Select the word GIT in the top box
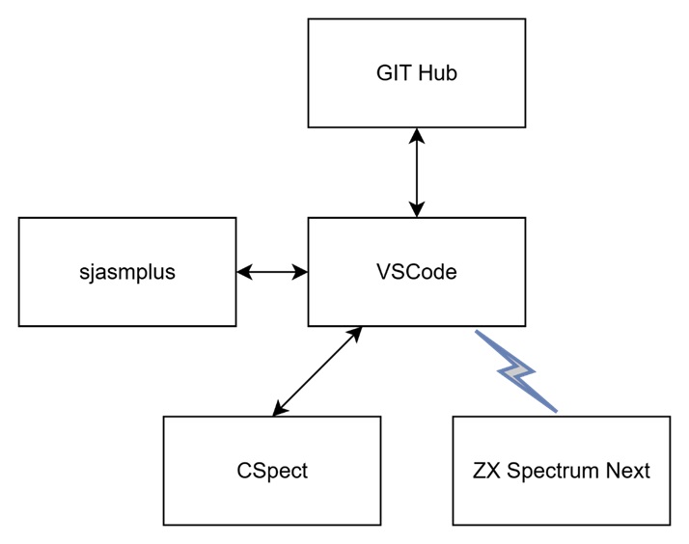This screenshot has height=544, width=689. click(x=393, y=73)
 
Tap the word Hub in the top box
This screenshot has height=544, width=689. click(x=436, y=73)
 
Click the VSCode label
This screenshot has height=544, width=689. click(x=417, y=272)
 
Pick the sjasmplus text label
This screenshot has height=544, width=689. click(x=127, y=272)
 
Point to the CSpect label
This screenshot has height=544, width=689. click(x=272, y=471)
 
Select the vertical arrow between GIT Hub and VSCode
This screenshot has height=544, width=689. click(x=417, y=173)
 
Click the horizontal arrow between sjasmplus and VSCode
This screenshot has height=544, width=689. click(x=272, y=272)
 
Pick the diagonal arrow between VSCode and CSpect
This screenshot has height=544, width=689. click(x=317, y=371)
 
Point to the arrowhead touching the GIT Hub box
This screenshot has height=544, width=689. click(x=417, y=135)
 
